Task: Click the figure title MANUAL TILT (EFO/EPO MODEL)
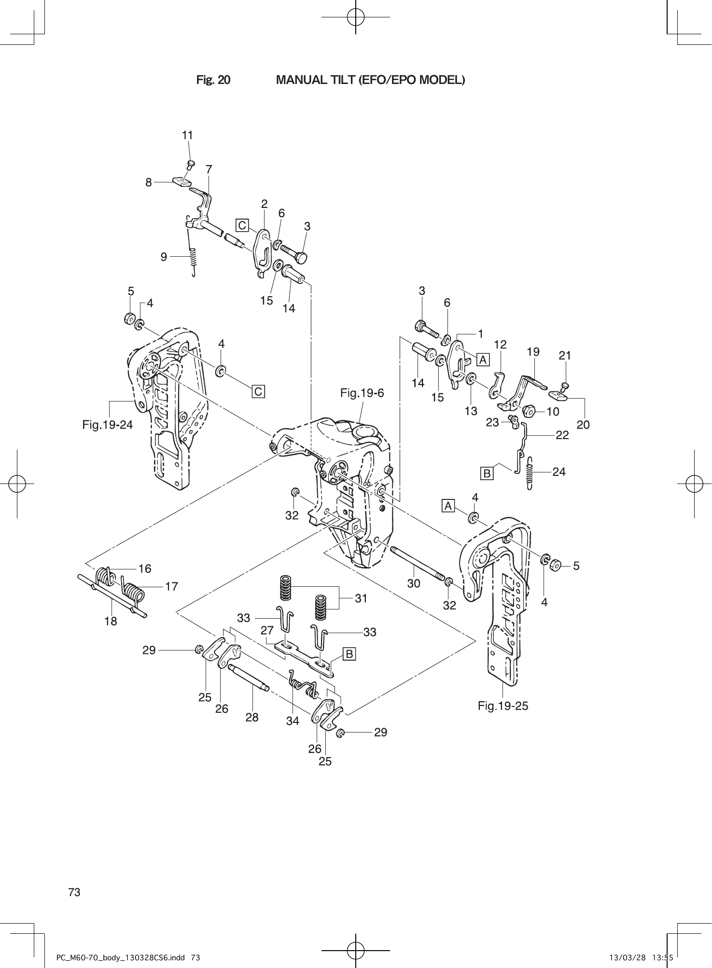click(370, 80)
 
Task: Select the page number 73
click(74, 892)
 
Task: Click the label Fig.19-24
click(107, 425)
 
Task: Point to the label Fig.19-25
click(503, 706)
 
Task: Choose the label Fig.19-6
click(362, 393)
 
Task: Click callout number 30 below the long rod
click(414, 583)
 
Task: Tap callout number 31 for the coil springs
click(361, 598)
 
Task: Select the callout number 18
click(111, 621)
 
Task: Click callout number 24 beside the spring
click(558, 471)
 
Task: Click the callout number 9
click(164, 257)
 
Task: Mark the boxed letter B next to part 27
click(349, 654)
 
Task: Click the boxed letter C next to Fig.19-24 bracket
click(258, 391)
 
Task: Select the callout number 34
click(293, 721)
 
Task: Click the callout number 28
click(252, 717)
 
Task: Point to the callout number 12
click(501, 344)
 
